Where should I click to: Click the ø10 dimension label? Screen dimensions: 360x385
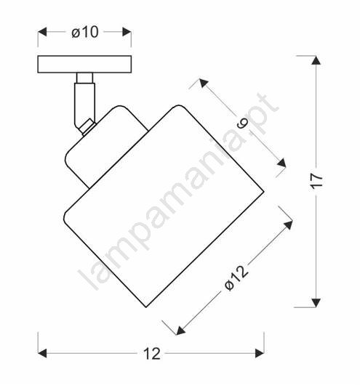[x=85, y=32]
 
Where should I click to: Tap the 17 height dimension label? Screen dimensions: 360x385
[x=316, y=182]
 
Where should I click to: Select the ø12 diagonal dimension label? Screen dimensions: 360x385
[x=236, y=278]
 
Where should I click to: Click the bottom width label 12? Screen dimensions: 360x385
[x=152, y=354]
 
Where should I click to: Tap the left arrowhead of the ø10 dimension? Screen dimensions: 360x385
[x=42, y=32]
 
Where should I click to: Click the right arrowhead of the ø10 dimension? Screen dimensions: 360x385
[x=127, y=32]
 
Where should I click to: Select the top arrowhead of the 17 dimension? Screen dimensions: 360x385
[x=316, y=60]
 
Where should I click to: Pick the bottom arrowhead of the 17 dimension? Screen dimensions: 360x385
[x=316, y=303]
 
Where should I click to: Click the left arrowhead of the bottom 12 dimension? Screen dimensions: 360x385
[x=42, y=353]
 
